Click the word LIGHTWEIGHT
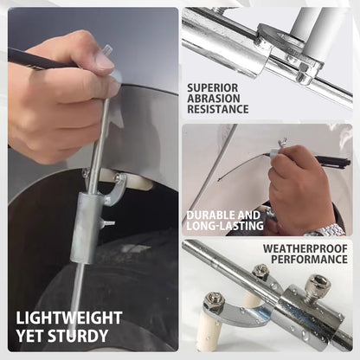(x=69, y=318)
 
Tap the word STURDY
(x=78, y=336)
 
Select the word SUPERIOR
(x=213, y=87)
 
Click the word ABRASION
(x=214, y=99)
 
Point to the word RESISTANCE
(x=218, y=109)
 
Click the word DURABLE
(x=207, y=215)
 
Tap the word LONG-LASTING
(x=225, y=226)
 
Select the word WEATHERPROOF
(x=305, y=248)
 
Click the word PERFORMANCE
(x=309, y=259)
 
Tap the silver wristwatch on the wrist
(x=326, y=230)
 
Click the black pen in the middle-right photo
(x=332, y=160)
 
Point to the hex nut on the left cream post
(x=215, y=299)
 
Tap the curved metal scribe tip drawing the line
(x=282, y=142)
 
